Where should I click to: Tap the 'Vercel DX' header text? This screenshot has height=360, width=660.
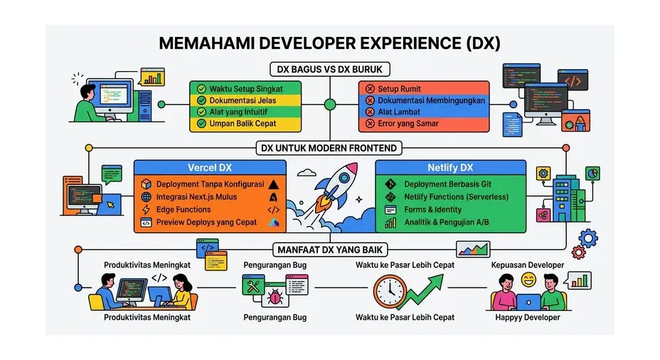pyautogui.click(x=210, y=168)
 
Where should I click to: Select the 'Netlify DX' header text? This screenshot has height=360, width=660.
pyautogui.click(x=450, y=168)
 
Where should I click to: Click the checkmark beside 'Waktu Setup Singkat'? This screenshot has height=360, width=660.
pyautogui.click(x=201, y=89)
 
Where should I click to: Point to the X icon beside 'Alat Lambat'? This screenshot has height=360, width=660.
pyautogui.click(x=370, y=112)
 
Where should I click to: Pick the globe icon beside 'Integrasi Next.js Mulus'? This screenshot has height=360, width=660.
pyautogui.click(x=146, y=196)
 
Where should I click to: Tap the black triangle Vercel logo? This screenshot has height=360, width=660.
pyautogui.click(x=274, y=184)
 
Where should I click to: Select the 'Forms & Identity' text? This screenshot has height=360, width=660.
pyautogui.click(x=432, y=210)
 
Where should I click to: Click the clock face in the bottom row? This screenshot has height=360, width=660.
pyautogui.click(x=389, y=292)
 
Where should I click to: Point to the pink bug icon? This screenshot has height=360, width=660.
pyautogui.click(x=275, y=297)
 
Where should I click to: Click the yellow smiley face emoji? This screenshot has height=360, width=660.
pyautogui.click(x=528, y=280)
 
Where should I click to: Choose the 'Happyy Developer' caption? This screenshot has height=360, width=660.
pyautogui.click(x=528, y=317)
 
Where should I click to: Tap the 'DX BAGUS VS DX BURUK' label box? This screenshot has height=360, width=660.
pyautogui.click(x=329, y=70)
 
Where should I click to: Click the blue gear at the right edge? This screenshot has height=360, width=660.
pyautogui.click(x=588, y=239)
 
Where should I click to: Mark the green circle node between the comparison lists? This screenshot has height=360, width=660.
pyautogui.click(x=330, y=105)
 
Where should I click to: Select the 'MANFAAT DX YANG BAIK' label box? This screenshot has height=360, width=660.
pyautogui.click(x=330, y=250)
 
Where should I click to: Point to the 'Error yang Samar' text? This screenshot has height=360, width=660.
pyautogui.click(x=408, y=124)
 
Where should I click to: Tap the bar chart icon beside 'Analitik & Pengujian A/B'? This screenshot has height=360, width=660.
pyautogui.click(x=390, y=222)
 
